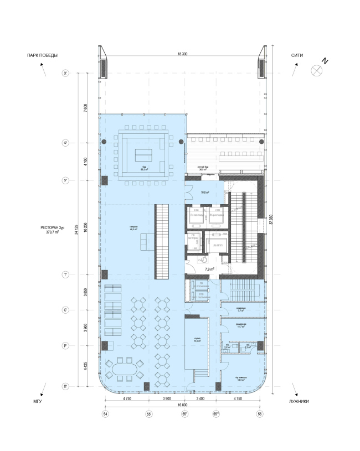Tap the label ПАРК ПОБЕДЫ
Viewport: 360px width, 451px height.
point(39,55)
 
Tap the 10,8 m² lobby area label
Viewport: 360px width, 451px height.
point(205,192)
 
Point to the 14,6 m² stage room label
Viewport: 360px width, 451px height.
point(197,341)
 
